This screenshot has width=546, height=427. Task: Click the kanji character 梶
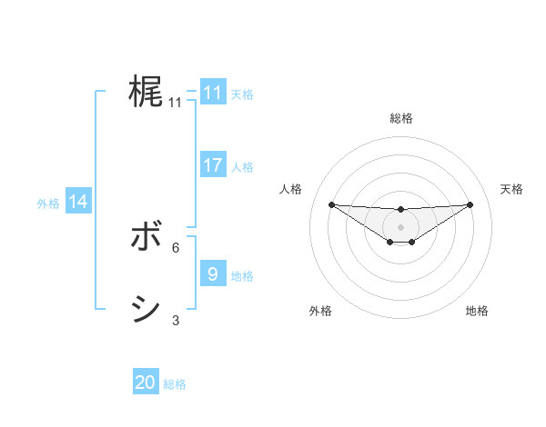click(145, 92)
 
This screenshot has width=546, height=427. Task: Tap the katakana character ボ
click(145, 238)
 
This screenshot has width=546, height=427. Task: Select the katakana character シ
click(145, 310)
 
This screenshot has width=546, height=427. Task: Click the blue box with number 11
click(212, 93)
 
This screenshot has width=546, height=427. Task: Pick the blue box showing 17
click(212, 165)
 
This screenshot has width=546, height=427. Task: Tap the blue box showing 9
click(212, 273)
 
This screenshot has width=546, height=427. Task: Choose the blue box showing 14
click(77, 202)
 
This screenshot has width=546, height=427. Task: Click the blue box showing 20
click(145, 382)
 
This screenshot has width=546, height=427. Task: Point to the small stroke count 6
click(176, 247)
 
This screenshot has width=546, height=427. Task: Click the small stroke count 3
click(176, 320)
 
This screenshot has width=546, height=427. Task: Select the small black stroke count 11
click(176, 103)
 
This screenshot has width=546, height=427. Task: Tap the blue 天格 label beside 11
click(242, 94)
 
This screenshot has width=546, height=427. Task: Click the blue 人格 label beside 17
click(242, 166)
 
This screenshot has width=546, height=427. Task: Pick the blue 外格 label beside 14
click(48, 204)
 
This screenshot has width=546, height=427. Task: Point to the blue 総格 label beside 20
click(175, 384)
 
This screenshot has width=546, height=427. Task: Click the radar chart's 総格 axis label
click(400, 118)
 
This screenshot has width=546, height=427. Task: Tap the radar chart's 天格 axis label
click(511, 189)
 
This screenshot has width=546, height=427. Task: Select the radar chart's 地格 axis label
click(477, 311)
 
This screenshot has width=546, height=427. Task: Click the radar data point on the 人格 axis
click(331, 204)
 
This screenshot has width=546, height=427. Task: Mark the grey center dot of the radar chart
click(400, 226)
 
